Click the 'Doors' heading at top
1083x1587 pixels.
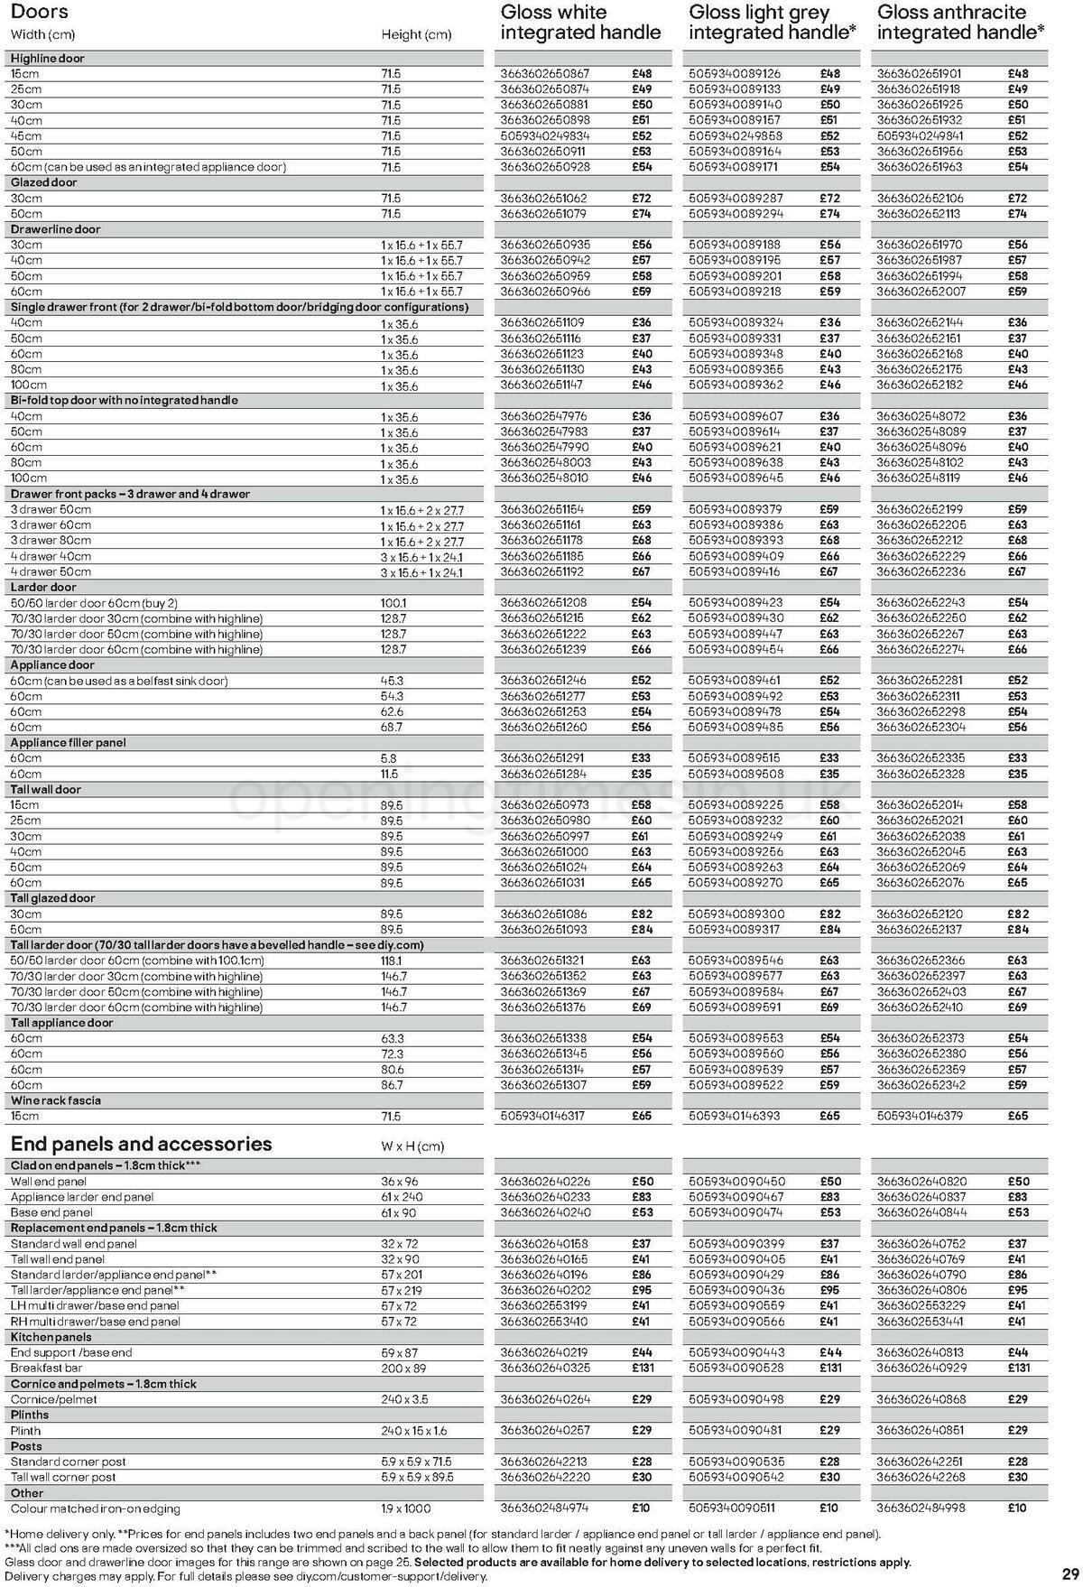[x=39, y=13]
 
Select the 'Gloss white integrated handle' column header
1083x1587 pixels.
[x=580, y=23]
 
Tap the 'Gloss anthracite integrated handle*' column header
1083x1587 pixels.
[x=961, y=23]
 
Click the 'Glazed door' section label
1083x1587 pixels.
[x=44, y=182]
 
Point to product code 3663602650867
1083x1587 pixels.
[x=543, y=74]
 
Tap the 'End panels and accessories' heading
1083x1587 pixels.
[x=141, y=1144]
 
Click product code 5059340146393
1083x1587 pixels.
[x=735, y=1116]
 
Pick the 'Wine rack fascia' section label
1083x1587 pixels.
[x=56, y=1100]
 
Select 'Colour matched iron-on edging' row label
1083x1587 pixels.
[x=96, y=1508]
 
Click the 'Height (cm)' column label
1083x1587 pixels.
[x=416, y=34]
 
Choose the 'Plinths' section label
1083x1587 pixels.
[x=30, y=1415]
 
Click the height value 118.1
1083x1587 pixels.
[x=392, y=961]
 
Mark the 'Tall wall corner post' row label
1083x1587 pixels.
[x=63, y=1477]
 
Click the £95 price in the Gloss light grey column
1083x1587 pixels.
[x=830, y=1290]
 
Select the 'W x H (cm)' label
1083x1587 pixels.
[x=412, y=1146]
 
